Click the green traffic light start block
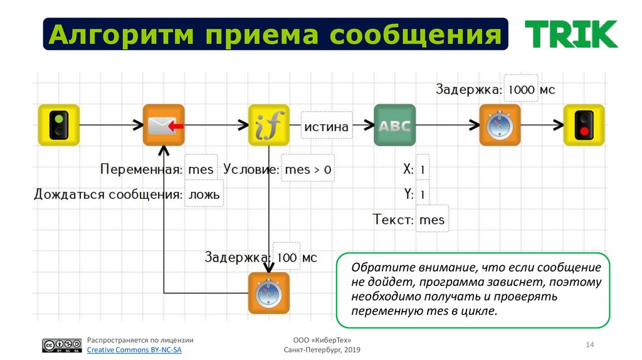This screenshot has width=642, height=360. [x=58, y=125]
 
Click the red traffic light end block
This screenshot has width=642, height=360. [x=584, y=125]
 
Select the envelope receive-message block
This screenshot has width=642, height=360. [x=164, y=125]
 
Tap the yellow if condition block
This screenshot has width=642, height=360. [x=269, y=125]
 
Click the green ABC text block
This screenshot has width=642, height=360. [x=395, y=125]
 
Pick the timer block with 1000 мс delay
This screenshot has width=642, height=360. [x=500, y=125]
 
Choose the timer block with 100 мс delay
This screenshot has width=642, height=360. [x=269, y=293]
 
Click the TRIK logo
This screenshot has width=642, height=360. [x=571, y=34]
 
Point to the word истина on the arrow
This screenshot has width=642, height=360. [x=326, y=127]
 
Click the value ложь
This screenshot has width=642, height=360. [x=204, y=194]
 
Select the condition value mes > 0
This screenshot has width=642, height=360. [x=308, y=169]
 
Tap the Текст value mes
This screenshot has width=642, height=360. [x=431, y=220]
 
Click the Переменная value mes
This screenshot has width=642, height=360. [x=201, y=169]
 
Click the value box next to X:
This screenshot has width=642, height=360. [x=423, y=169]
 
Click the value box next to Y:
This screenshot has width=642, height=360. [x=423, y=194]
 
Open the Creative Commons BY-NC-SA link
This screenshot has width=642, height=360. [x=134, y=350]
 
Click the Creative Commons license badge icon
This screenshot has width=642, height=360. [x=62, y=346]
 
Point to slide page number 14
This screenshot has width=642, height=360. [x=589, y=345]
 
